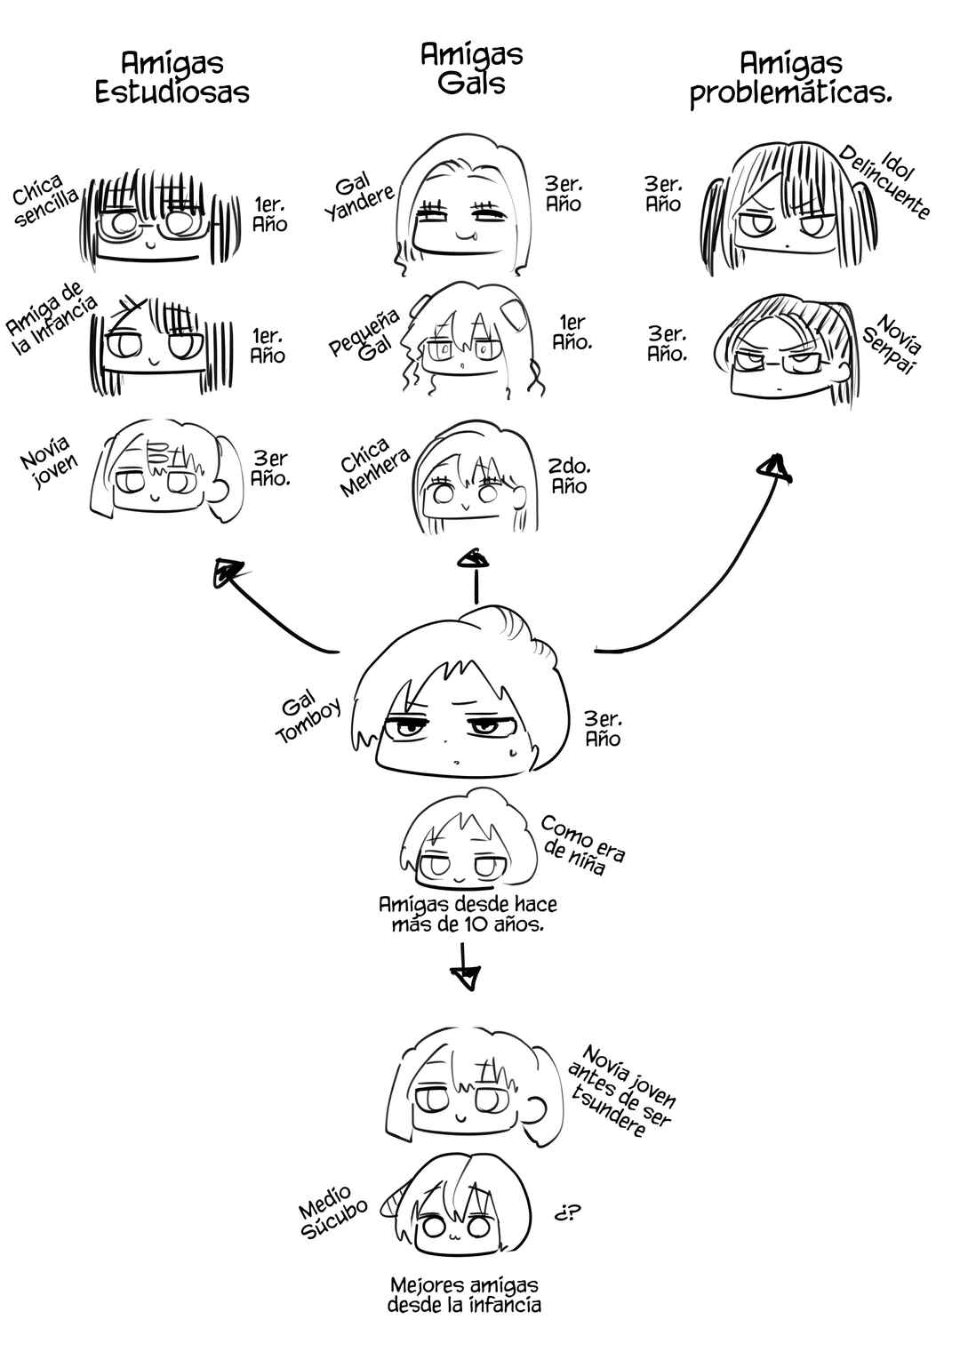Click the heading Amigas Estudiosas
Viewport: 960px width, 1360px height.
172,77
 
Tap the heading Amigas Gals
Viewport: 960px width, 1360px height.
472,68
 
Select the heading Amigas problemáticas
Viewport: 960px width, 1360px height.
791,80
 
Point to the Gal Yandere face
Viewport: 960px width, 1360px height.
463,206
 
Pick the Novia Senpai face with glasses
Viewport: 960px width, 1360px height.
787,351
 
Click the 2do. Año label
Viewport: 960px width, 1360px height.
569,476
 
